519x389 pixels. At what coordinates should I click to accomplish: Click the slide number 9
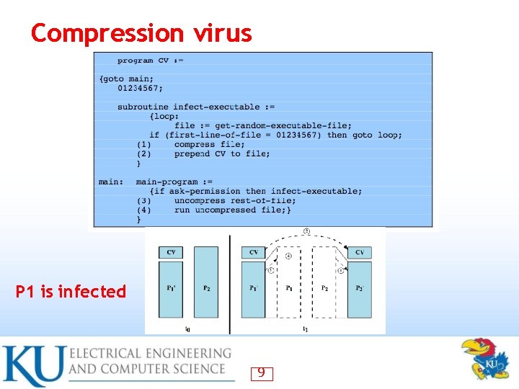[261, 373]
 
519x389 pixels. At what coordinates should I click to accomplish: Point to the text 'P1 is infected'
[71, 292]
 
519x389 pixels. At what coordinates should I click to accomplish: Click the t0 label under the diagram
[187, 329]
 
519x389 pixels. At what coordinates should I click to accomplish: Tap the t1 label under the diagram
[306, 329]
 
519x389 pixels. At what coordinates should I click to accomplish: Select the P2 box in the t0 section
[206, 288]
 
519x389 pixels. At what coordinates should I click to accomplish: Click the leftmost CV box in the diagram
[171, 252]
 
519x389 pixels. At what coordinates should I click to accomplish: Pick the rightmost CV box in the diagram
[359, 252]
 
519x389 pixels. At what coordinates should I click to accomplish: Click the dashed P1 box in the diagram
[289, 288]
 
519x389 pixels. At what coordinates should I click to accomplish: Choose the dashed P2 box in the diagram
[324, 288]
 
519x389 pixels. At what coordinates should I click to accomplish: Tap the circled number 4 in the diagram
[289, 256]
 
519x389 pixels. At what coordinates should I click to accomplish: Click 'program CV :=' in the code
[151, 61]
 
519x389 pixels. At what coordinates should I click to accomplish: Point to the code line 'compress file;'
[209, 144]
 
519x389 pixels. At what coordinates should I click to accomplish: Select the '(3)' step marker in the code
[144, 200]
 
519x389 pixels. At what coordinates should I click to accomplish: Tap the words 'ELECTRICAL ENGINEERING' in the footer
[150, 354]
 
